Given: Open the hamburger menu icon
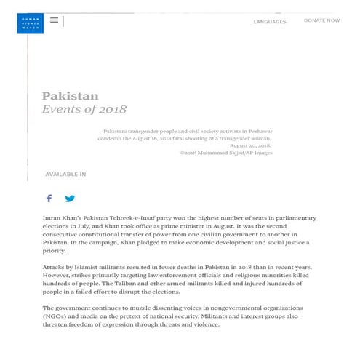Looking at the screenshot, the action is coord(54,20).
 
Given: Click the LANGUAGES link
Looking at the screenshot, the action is coord(269,22).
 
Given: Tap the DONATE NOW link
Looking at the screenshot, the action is coord(321,20).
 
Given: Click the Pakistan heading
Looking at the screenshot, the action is coord(70,96).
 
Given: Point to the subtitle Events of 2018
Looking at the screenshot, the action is coord(84,110).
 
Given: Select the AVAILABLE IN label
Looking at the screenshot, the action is coord(65,175).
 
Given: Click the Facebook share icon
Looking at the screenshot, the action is coord(49,199).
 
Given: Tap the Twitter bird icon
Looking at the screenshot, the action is coord(70,199).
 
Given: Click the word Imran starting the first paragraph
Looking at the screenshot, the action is coord(55,218).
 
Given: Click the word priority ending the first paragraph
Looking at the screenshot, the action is coord(57,251).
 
